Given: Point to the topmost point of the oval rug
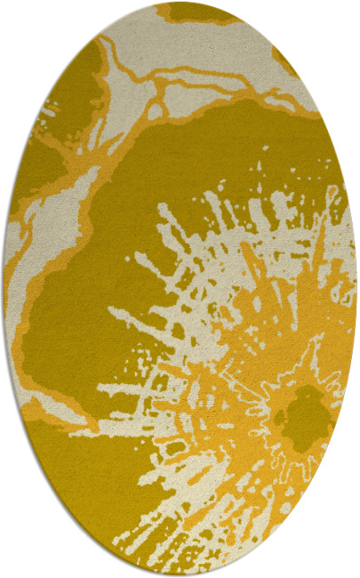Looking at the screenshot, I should [x=180, y=3].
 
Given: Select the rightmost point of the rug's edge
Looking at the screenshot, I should [x=356, y=289].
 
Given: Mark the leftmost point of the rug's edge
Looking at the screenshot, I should [x=4, y=289].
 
